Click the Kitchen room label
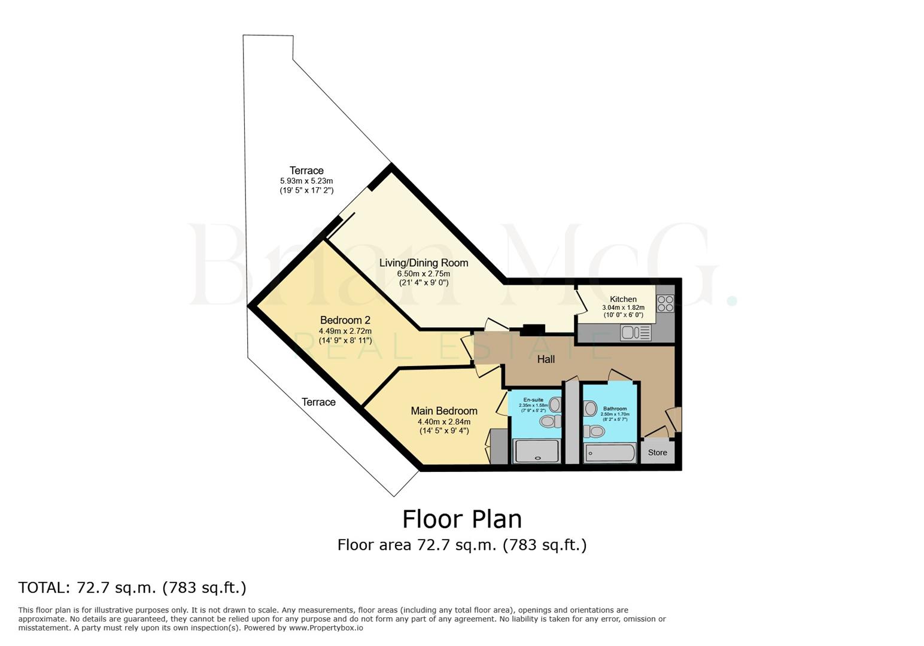click(623, 299)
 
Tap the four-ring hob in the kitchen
click(665, 303)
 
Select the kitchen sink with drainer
click(636, 332)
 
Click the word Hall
click(546, 359)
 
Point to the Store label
click(657, 452)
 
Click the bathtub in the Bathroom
click(610, 453)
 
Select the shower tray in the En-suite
click(537, 451)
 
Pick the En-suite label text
click(533, 400)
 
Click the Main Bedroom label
click(444, 411)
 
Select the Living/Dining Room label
click(424, 263)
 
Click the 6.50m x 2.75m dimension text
click(424, 273)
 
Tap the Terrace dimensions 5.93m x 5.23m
click(306, 181)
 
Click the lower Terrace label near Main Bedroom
click(318, 402)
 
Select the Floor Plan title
click(462, 519)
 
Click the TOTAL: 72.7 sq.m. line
click(132, 587)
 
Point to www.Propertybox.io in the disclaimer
click(326, 628)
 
